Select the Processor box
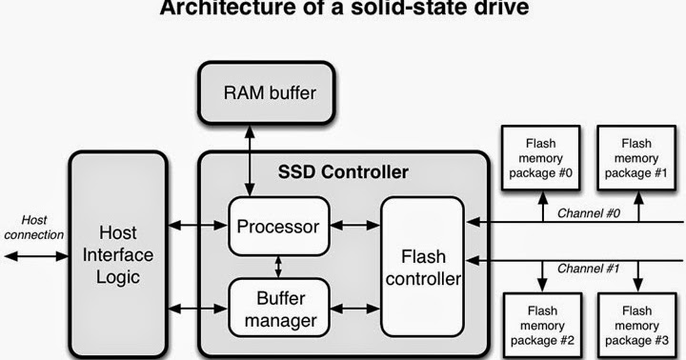[277, 226]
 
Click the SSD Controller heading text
[343, 172]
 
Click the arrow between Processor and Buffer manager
[277, 267]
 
